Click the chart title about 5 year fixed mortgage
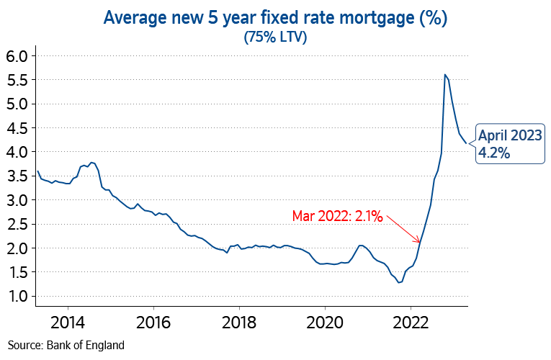(x=276, y=18)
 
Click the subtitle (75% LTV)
(x=276, y=37)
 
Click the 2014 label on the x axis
(x=68, y=321)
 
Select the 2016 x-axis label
(x=153, y=321)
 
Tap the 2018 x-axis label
(x=239, y=321)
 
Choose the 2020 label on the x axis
(x=325, y=321)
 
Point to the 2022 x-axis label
(x=411, y=321)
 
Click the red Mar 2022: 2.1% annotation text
(x=337, y=215)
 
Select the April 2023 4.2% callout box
(x=508, y=144)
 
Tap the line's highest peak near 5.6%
(x=445, y=74)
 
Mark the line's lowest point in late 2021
(x=399, y=282)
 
